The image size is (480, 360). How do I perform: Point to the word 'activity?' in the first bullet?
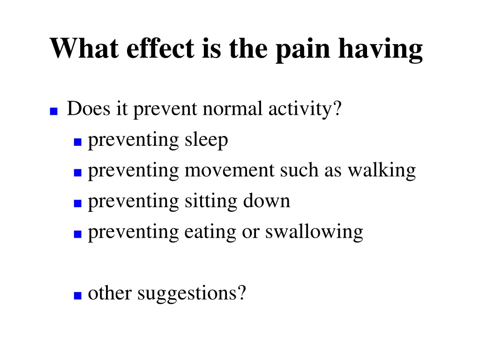(x=305, y=110)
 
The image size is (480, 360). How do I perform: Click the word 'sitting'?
(x=210, y=202)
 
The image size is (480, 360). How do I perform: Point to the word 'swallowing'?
(x=314, y=232)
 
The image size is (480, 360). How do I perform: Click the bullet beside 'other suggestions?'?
(x=78, y=296)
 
